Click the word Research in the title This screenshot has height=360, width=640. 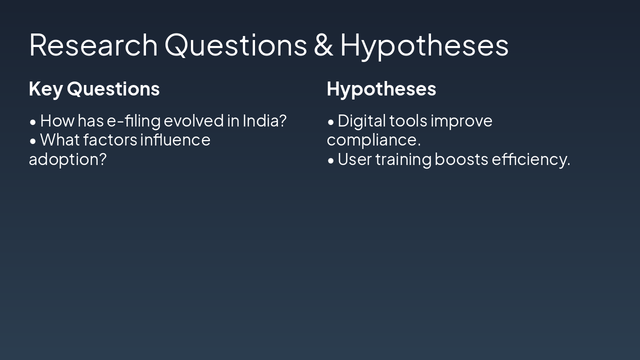[x=93, y=44]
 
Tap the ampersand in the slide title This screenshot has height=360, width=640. [x=323, y=44]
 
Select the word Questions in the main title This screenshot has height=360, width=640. [x=235, y=44]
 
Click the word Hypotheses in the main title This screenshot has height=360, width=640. [x=424, y=44]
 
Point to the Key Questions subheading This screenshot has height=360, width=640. [x=94, y=89]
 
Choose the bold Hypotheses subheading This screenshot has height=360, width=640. [x=381, y=89]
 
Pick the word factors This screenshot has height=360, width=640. [x=110, y=140]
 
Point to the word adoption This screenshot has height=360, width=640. [x=67, y=159]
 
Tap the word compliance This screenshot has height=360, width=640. [x=373, y=140]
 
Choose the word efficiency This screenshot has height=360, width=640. [x=530, y=159]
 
